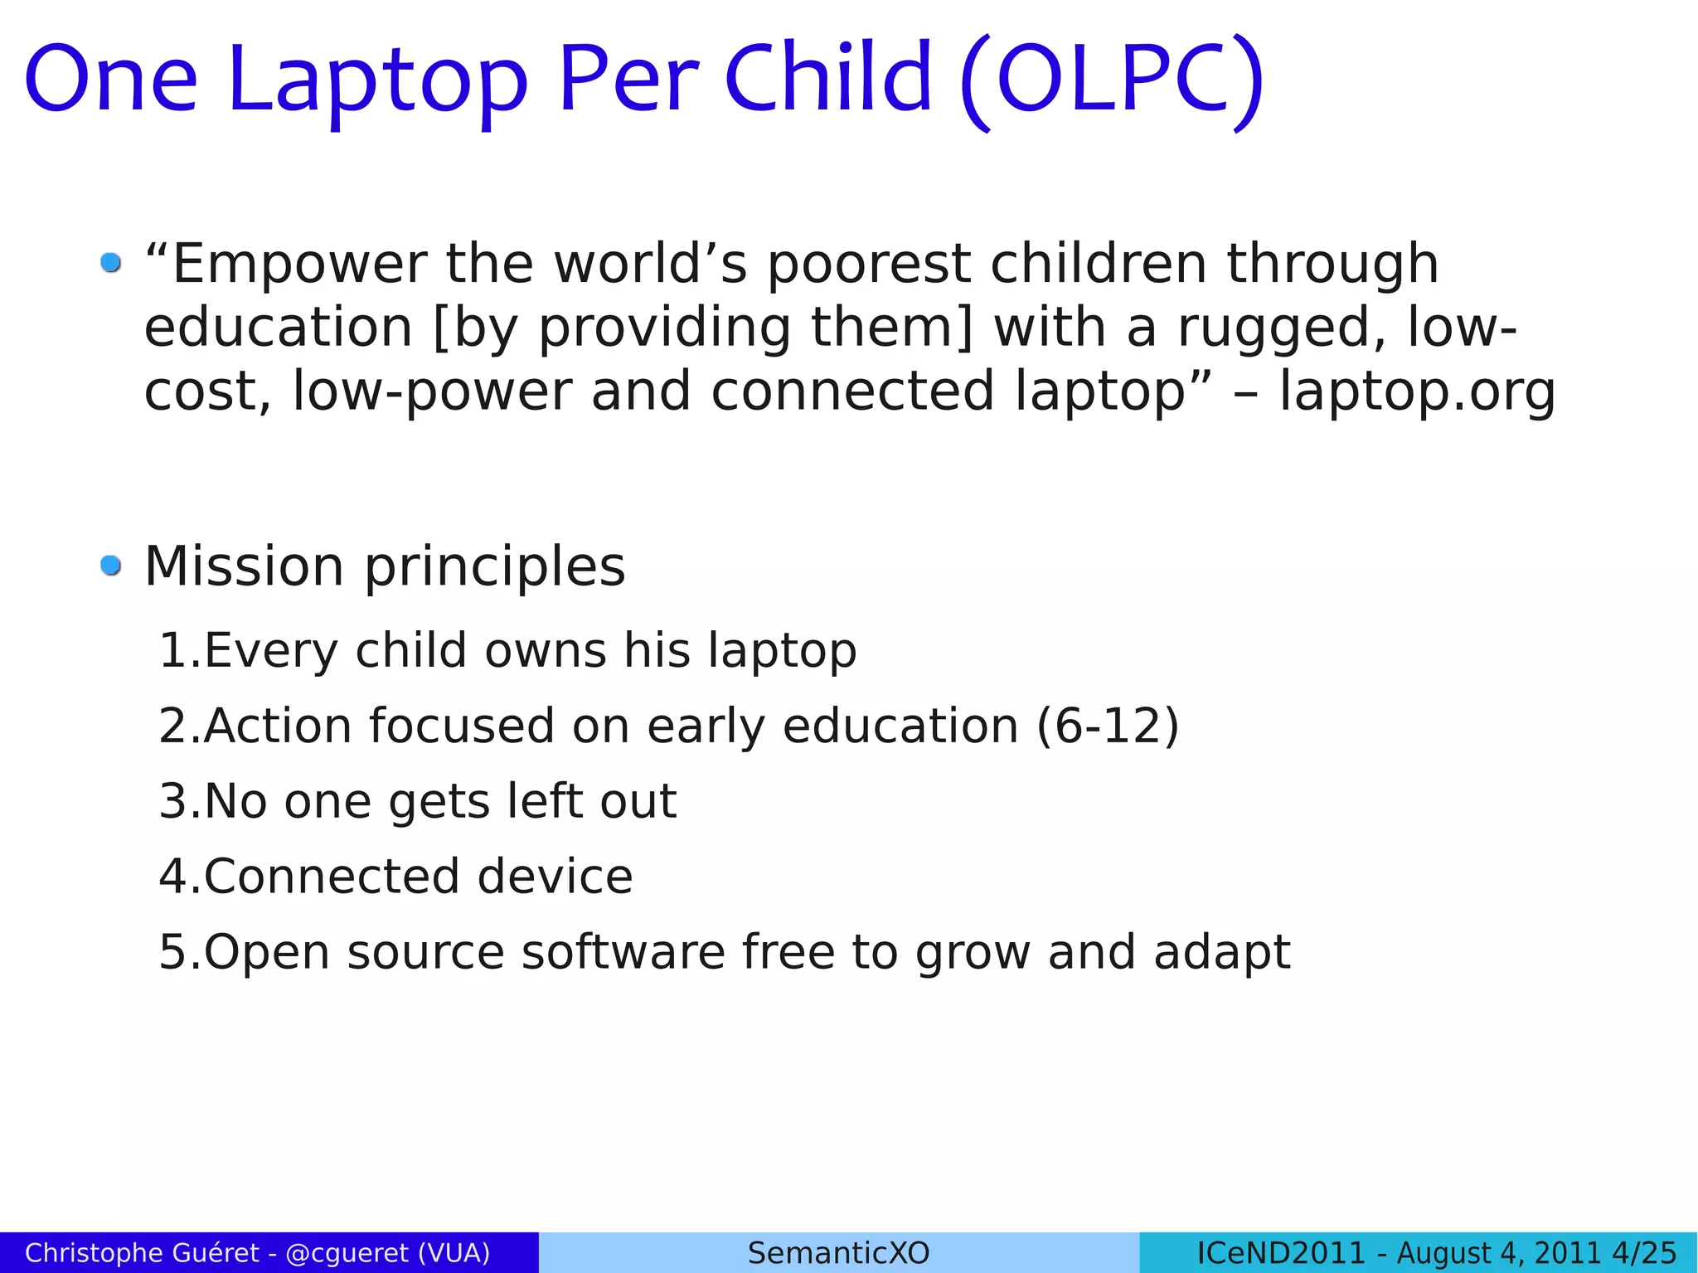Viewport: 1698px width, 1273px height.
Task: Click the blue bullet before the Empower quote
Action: pyautogui.click(x=110, y=263)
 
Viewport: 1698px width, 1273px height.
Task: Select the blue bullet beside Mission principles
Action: pyautogui.click(x=110, y=566)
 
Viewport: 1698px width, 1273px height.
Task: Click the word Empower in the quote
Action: pyautogui.click(x=298, y=265)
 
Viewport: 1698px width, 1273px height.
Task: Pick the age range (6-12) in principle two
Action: pyautogui.click(x=1108, y=727)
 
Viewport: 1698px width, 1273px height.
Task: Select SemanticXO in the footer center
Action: pyautogui.click(x=838, y=1253)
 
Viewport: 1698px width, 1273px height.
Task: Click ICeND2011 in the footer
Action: pyautogui.click(x=1280, y=1253)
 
